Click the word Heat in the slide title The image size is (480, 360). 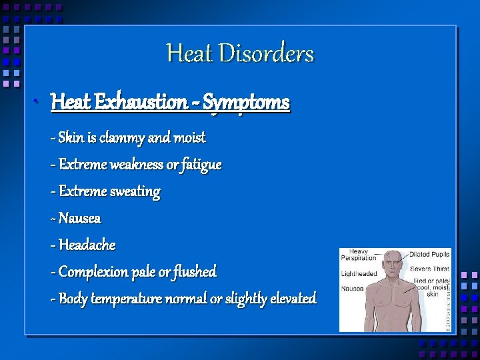(189, 53)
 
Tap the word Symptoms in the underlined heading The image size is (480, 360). (246, 103)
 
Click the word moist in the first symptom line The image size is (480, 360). (189, 138)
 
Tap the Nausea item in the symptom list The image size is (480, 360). (79, 218)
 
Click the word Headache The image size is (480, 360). (87, 245)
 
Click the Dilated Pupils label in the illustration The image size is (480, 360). (429, 254)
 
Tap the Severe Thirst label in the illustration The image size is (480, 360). (429, 268)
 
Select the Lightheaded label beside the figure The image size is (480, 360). (359, 273)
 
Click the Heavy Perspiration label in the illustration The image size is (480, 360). (358, 255)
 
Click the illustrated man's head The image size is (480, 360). (395, 263)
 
